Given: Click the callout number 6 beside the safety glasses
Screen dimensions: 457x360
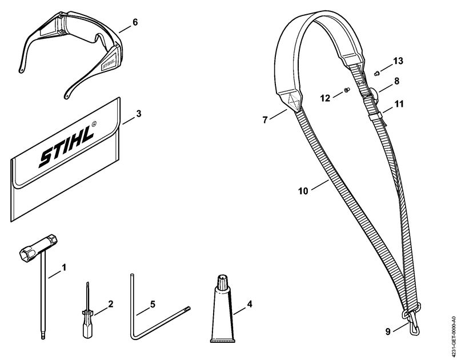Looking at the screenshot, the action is click(135, 22).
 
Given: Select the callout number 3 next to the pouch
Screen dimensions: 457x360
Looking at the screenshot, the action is click(139, 114).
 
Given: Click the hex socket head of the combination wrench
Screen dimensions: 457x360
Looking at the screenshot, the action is click(38, 246).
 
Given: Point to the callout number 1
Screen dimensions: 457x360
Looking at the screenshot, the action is click(65, 267).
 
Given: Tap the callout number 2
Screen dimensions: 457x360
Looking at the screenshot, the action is click(110, 304).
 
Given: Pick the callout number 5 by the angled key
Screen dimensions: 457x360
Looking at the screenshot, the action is click(153, 305).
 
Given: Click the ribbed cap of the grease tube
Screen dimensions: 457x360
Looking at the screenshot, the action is click(223, 282).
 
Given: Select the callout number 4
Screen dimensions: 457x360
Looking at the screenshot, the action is click(250, 304).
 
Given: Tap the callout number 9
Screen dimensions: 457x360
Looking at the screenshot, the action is click(388, 332).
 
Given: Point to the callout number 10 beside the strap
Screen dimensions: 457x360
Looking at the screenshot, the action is click(303, 191).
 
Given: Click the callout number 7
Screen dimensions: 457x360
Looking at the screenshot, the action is click(265, 120).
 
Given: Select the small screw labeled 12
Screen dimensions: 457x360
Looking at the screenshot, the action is click(347, 90).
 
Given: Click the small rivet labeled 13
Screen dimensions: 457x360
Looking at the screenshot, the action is click(376, 73).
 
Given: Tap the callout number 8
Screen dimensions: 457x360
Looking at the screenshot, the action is click(396, 81).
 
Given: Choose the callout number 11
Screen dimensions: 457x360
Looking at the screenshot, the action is click(399, 104).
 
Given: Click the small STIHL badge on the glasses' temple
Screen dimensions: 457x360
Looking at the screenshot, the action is click(109, 62).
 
